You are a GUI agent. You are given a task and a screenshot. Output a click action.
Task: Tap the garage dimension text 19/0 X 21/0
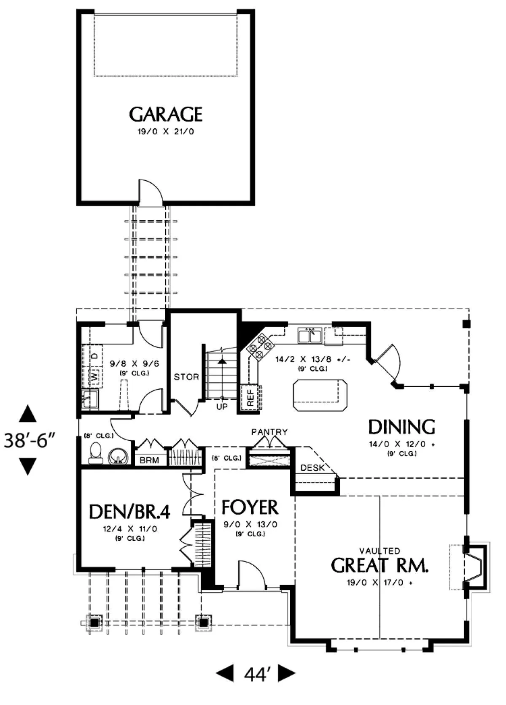[166, 132]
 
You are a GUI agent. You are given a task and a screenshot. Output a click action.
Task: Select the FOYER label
[250, 507]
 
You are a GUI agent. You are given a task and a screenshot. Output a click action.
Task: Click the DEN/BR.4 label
[129, 512]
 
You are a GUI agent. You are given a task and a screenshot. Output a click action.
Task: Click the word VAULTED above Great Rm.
[379, 550]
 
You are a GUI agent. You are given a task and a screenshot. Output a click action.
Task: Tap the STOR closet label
[186, 377]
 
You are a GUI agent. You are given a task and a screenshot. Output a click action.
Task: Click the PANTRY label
[269, 432]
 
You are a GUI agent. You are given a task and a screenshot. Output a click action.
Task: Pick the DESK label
[312, 468]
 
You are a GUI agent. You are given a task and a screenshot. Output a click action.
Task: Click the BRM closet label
[149, 460]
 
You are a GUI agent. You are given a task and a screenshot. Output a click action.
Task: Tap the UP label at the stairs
[222, 407]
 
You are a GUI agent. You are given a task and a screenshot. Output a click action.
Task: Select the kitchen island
[320, 395]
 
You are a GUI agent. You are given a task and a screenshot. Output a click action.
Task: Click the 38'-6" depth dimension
[30, 440]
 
